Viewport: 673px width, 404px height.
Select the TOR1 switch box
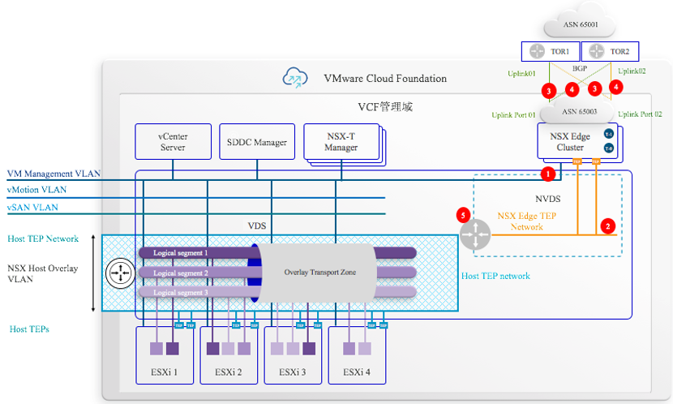point(550,51)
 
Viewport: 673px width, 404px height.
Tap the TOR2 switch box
point(609,51)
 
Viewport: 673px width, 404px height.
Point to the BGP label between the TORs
point(579,70)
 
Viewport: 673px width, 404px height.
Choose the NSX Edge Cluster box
point(577,141)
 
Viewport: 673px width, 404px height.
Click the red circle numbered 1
point(547,173)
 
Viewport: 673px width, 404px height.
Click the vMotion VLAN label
point(36,190)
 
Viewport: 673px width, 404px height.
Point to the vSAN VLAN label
point(32,208)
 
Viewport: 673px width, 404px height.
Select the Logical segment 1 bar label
point(181,253)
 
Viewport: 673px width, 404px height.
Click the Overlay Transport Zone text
point(320,272)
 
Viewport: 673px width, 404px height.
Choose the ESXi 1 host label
point(165,372)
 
